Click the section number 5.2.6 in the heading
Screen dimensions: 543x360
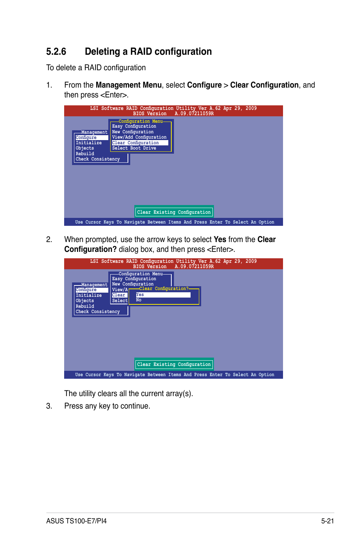(x=56, y=52)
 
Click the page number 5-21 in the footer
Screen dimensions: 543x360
(x=327, y=521)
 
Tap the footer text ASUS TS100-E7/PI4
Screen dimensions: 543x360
(x=76, y=521)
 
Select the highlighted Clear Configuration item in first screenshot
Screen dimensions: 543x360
(x=135, y=143)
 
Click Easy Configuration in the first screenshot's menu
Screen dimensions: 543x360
(x=134, y=126)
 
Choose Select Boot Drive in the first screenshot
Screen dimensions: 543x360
(x=134, y=148)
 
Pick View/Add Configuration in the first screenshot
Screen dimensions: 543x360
(x=139, y=137)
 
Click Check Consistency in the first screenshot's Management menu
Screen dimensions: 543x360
(x=97, y=159)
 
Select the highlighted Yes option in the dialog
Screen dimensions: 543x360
(x=163, y=295)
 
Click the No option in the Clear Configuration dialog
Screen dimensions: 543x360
(x=139, y=300)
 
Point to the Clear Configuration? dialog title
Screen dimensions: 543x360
(x=164, y=288)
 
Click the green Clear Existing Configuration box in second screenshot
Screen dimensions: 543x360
(x=174, y=364)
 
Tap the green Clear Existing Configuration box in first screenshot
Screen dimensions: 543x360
(x=174, y=212)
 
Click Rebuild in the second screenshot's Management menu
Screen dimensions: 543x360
(x=85, y=306)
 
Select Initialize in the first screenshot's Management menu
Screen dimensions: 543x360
(x=89, y=143)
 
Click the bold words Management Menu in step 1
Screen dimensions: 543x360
(x=128, y=85)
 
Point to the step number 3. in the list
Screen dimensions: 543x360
(x=49, y=406)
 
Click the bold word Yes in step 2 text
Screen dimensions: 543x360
(x=220, y=239)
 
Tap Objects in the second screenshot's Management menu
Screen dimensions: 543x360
(x=85, y=301)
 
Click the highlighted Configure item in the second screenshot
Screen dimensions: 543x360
(x=86, y=290)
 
